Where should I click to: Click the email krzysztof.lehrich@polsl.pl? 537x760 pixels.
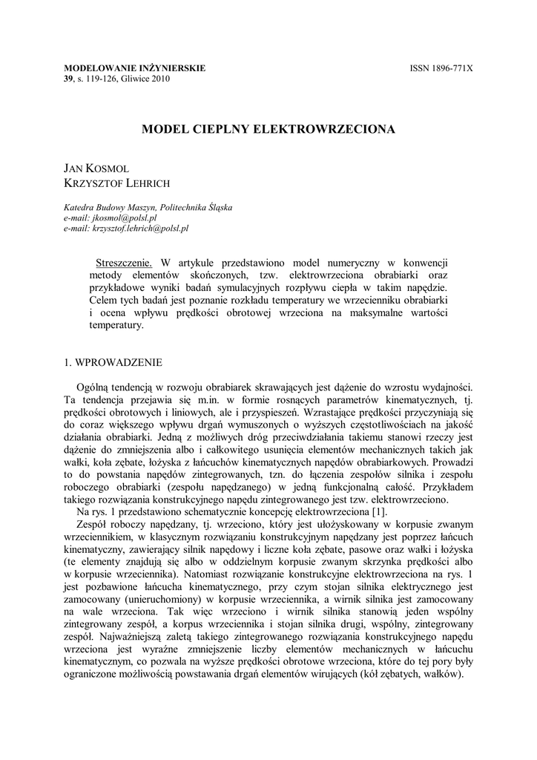(x=141, y=229)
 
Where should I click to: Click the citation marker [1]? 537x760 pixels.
(x=379, y=512)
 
